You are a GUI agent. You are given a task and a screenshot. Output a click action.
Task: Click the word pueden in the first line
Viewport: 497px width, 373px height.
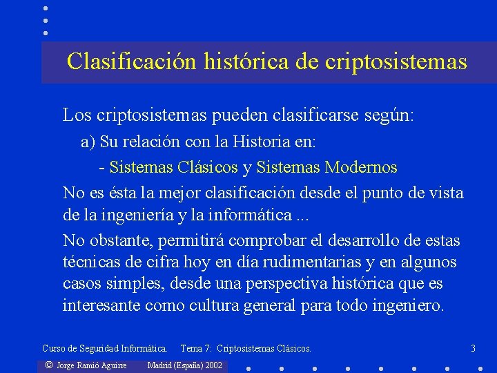[245, 115]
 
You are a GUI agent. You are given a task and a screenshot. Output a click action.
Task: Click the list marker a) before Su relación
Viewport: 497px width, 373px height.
[88, 142]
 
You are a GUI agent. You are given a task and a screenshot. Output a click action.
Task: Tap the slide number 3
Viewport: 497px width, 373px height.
[473, 349]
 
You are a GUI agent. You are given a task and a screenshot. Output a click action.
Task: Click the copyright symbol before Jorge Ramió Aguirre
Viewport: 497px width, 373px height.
[48, 365]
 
